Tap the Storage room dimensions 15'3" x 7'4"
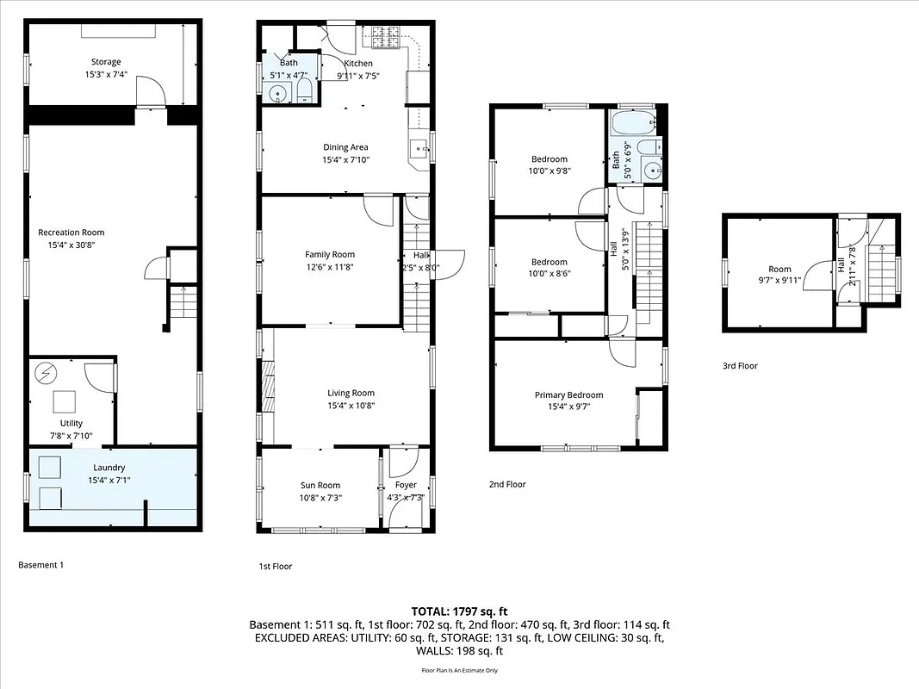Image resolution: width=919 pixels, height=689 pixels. [x=107, y=75]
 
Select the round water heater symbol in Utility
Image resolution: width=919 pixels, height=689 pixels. [x=44, y=373]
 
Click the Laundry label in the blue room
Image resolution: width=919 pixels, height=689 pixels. [x=109, y=468]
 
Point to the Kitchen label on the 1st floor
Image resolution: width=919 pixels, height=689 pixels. [x=358, y=63]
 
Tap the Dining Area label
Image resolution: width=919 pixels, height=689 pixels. [x=345, y=147]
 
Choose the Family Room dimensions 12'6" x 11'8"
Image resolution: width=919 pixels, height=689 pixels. [x=330, y=267]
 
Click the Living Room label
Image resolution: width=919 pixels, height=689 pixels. [x=351, y=393]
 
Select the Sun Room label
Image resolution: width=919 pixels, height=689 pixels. [x=320, y=485]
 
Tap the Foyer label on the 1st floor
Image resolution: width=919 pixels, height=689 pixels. [x=406, y=485]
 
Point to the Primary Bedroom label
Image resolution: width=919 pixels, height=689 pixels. [x=568, y=395]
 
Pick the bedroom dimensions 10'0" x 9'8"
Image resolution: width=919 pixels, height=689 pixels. [x=550, y=171]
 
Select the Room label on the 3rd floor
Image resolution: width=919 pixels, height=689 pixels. [x=779, y=268]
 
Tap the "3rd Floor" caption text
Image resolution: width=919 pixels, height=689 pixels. [x=740, y=366]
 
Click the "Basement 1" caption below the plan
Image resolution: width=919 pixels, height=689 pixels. [x=40, y=565]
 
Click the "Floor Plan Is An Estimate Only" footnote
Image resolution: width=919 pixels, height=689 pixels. [x=459, y=670]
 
